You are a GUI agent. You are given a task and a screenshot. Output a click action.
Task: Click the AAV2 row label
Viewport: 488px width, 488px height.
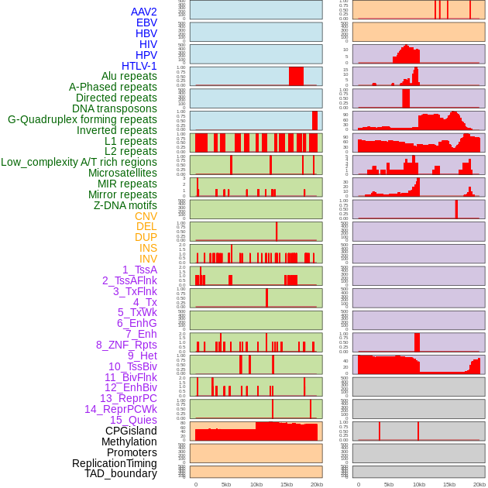click(143, 12)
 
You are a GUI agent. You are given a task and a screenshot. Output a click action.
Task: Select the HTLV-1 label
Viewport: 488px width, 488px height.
click(139, 66)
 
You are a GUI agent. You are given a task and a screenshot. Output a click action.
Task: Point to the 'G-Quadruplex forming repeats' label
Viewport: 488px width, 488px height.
click(82, 119)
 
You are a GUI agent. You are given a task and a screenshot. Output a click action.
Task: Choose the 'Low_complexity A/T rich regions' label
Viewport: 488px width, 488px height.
click(79, 162)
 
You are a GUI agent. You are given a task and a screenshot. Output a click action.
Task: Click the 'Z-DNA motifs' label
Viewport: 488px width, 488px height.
click(125, 205)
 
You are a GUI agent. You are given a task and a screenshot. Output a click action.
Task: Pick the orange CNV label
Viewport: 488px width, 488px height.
click(146, 216)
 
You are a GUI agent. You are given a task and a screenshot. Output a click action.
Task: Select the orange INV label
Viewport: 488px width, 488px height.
click(148, 259)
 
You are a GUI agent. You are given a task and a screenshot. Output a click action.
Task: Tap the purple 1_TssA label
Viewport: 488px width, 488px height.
click(139, 270)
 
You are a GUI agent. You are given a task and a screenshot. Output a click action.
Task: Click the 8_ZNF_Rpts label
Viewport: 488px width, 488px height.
click(126, 345)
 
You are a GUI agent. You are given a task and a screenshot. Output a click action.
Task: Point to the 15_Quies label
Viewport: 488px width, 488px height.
click(132, 420)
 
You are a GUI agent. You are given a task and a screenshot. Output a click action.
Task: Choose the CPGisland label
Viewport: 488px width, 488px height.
click(131, 431)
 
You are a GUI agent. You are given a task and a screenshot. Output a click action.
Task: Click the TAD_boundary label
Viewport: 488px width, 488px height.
click(121, 473)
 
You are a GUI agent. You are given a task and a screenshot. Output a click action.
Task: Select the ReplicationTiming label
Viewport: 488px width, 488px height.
click(114, 463)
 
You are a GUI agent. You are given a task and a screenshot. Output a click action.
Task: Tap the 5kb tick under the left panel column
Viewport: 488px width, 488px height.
click(226, 484)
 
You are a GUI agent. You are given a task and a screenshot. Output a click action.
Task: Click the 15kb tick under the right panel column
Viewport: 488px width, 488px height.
click(449, 484)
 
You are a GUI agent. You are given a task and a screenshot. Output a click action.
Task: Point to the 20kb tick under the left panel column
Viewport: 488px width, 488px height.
click(317, 484)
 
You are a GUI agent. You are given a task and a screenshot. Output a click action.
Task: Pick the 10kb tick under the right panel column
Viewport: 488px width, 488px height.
click(419, 484)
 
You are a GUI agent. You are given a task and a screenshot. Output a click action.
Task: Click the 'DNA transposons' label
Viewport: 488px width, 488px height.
click(115, 108)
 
